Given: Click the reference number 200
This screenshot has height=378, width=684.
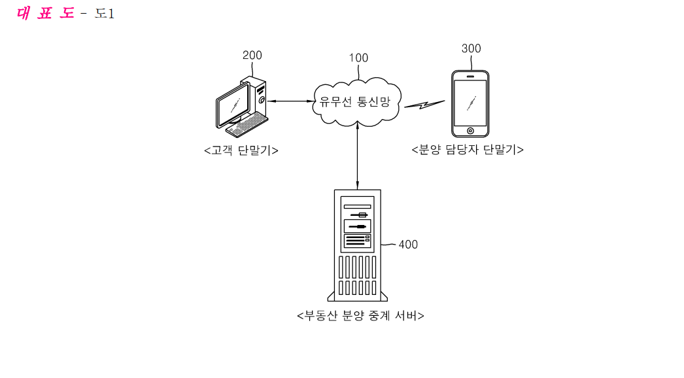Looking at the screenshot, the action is (252, 56).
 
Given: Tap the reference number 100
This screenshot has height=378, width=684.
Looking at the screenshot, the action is (358, 58).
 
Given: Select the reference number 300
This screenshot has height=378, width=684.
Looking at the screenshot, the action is (471, 48).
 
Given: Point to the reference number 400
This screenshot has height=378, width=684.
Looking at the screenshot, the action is (408, 245).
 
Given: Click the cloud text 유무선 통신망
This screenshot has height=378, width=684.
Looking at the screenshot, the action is (354, 102).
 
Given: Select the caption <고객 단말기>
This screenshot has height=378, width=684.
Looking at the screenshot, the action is (241, 150).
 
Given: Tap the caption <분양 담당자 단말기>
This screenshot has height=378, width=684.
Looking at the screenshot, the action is (468, 150).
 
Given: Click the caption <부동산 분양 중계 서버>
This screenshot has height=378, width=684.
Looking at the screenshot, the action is (360, 316).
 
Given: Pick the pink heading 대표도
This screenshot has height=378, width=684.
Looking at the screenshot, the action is (45, 13).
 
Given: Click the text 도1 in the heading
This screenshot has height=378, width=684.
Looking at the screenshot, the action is (105, 14).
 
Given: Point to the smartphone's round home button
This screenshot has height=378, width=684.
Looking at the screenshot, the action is (470, 131).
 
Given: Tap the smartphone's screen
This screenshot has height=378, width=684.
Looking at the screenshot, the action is (470, 103).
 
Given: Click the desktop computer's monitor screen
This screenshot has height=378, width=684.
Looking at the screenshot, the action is (234, 105).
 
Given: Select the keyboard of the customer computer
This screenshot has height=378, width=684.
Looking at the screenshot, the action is (247, 124).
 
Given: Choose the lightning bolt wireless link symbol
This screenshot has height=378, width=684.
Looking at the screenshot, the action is (424, 105).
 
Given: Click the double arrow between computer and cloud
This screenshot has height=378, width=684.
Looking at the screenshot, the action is (290, 101).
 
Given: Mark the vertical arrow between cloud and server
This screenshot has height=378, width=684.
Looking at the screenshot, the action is (358, 156).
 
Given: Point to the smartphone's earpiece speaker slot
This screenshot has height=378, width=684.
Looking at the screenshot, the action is (470, 77).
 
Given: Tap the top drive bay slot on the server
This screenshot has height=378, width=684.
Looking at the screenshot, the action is (357, 207).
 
